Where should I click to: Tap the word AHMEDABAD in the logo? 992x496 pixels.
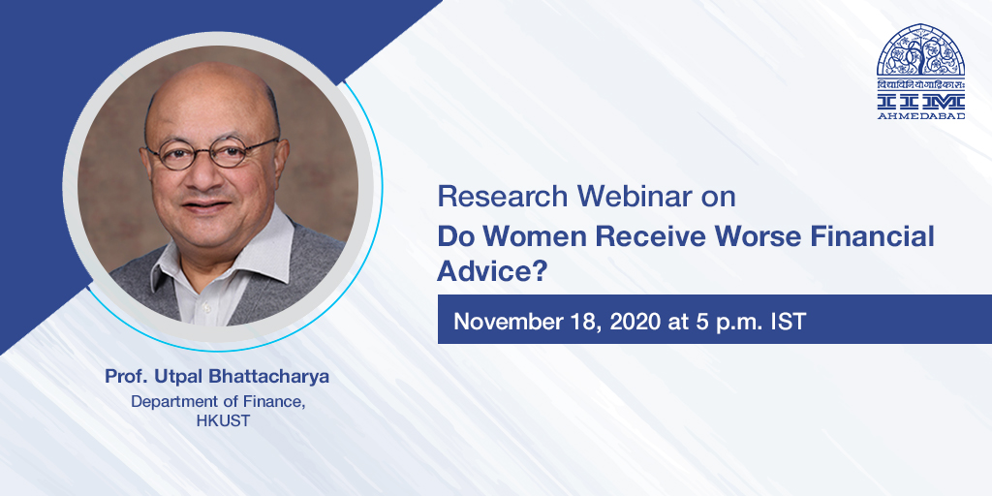(920, 116)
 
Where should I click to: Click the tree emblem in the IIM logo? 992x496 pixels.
(920, 52)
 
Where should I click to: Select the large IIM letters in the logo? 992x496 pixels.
(920, 101)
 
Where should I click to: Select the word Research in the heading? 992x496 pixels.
(503, 197)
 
